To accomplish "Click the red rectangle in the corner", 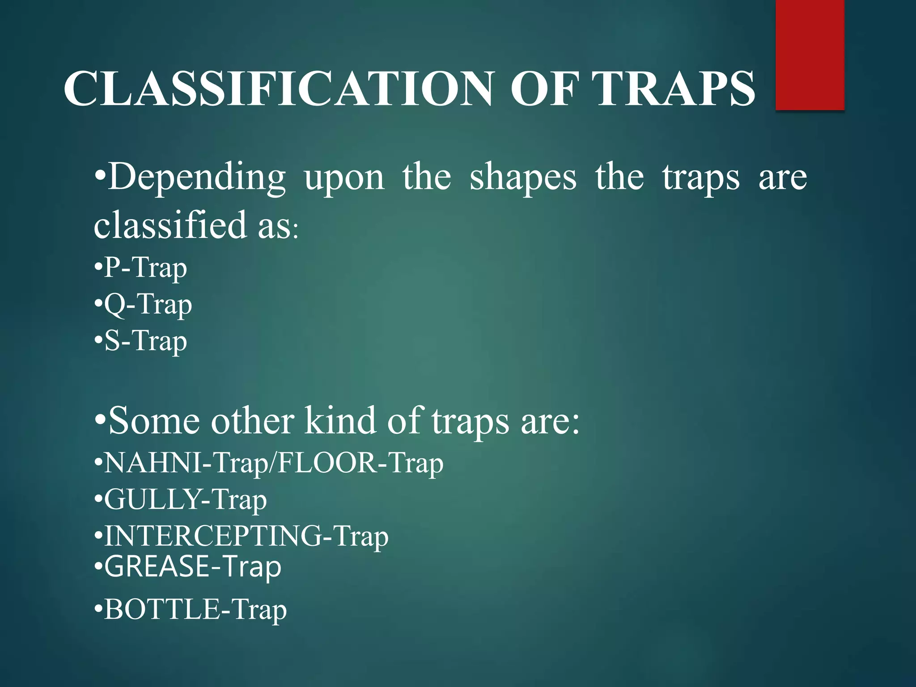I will tap(810, 55).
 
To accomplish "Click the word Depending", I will tap(197, 178).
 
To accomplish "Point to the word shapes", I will tap(523, 178).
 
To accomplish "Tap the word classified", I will tap(170, 225).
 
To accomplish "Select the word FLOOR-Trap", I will tap(360, 463).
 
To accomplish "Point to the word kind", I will tap(340, 421).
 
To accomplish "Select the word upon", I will tap(344, 178).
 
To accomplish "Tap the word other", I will tap(253, 421).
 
